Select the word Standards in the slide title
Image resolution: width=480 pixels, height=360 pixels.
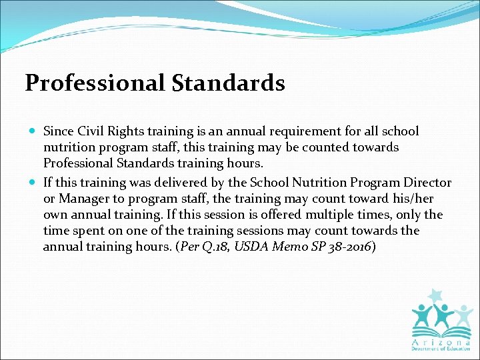[x=229, y=83]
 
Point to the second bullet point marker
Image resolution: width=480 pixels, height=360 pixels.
[x=32, y=183]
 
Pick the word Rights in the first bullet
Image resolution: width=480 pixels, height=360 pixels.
[x=125, y=131]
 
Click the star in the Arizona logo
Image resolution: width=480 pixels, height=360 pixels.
[x=437, y=295]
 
